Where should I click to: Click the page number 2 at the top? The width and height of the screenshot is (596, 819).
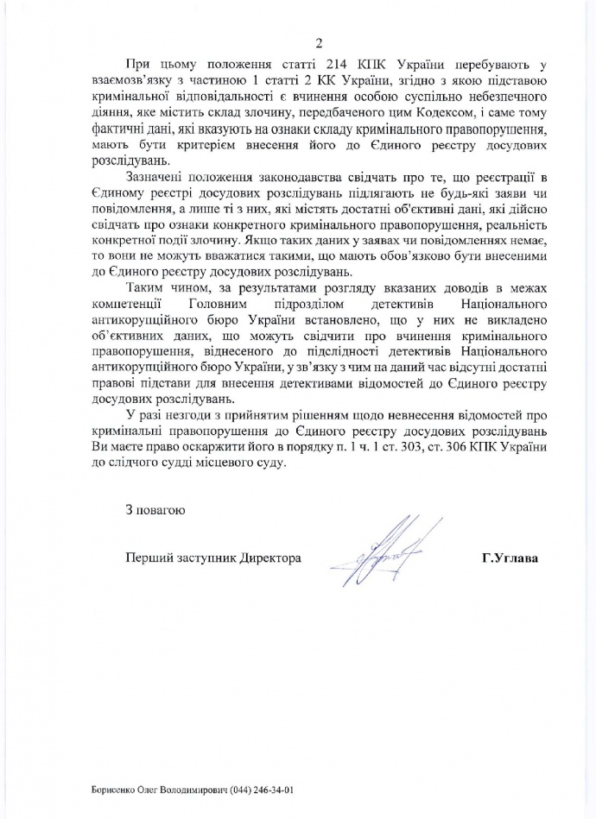tap(318, 42)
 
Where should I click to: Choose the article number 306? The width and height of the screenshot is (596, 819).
tap(471, 444)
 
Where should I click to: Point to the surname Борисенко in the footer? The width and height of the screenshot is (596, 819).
tap(114, 791)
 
